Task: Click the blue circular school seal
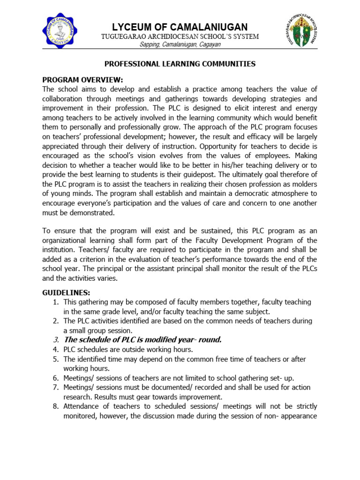[x=67, y=31]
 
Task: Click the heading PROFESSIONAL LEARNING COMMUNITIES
[x=180, y=64]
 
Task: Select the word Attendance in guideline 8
[x=82, y=406]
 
